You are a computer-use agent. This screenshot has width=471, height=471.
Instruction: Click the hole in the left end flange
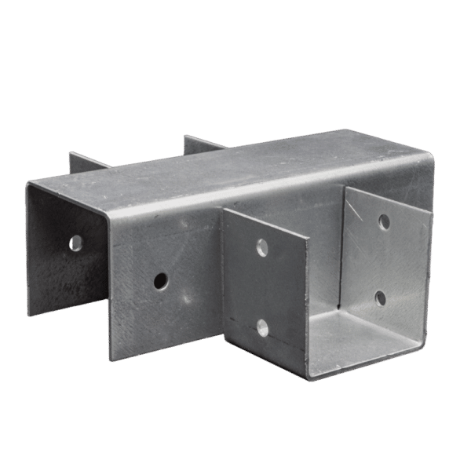tap(76, 243)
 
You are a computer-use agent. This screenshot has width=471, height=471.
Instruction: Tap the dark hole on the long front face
tap(160, 279)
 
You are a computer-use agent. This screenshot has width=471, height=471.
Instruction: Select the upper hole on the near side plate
tap(262, 248)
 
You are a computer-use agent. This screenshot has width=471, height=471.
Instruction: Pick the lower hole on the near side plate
tap(262, 327)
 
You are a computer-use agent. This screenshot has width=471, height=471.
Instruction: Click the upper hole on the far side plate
tap(384, 222)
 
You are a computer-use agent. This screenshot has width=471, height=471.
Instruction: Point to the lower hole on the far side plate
tap(381, 298)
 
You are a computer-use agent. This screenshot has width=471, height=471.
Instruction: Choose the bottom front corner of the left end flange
tap(31, 315)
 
